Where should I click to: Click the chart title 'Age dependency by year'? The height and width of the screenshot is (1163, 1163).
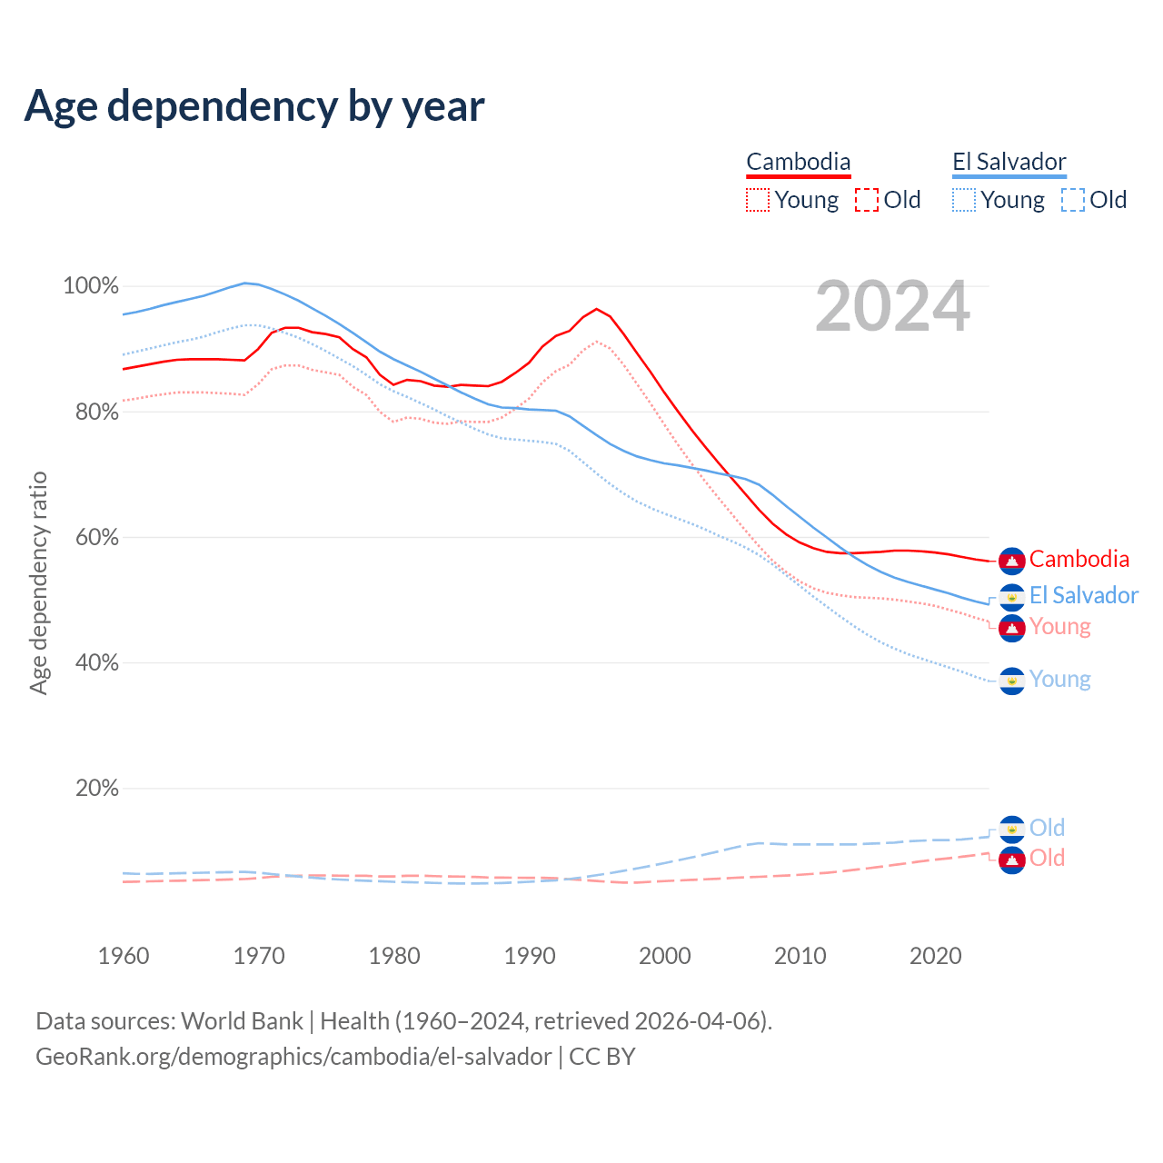pyautogui.click(x=254, y=106)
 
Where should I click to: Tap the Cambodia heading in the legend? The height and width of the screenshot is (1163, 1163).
pyautogui.click(x=799, y=162)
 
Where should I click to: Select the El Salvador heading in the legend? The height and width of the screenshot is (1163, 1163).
pyautogui.click(x=1009, y=162)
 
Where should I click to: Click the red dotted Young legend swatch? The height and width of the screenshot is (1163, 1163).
pyautogui.click(x=757, y=200)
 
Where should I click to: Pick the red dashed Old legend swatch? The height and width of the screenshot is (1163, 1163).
pyautogui.click(x=867, y=200)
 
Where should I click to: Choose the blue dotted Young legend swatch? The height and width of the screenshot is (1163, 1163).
pyautogui.click(x=964, y=200)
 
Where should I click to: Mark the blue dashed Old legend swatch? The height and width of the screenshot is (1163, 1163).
pyautogui.click(x=1073, y=200)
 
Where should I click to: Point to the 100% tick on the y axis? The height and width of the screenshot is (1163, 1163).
pyautogui.click(x=91, y=286)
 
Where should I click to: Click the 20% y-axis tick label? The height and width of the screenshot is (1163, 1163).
pyautogui.click(x=96, y=789)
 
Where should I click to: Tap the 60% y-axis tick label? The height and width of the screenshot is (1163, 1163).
pyautogui.click(x=96, y=538)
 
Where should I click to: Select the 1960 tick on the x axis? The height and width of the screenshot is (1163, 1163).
pyautogui.click(x=124, y=956)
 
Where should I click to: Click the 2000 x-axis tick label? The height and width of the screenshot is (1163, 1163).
pyautogui.click(x=665, y=956)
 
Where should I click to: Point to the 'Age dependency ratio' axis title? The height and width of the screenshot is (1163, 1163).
pyautogui.click(x=38, y=582)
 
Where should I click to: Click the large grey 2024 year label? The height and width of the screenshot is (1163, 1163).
pyautogui.click(x=892, y=307)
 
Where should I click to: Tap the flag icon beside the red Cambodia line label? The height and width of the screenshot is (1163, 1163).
pyautogui.click(x=1011, y=561)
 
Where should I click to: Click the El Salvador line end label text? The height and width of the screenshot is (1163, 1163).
pyautogui.click(x=1083, y=596)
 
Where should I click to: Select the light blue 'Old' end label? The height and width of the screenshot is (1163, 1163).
pyautogui.click(x=1047, y=828)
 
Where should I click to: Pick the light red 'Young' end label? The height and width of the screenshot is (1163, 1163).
pyautogui.click(x=1059, y=627)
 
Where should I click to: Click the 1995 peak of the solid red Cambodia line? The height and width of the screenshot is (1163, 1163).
pyautogui.click(x=596, y=309)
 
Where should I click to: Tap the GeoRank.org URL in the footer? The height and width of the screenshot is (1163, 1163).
pyautogui.click(x=293, y=1057)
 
